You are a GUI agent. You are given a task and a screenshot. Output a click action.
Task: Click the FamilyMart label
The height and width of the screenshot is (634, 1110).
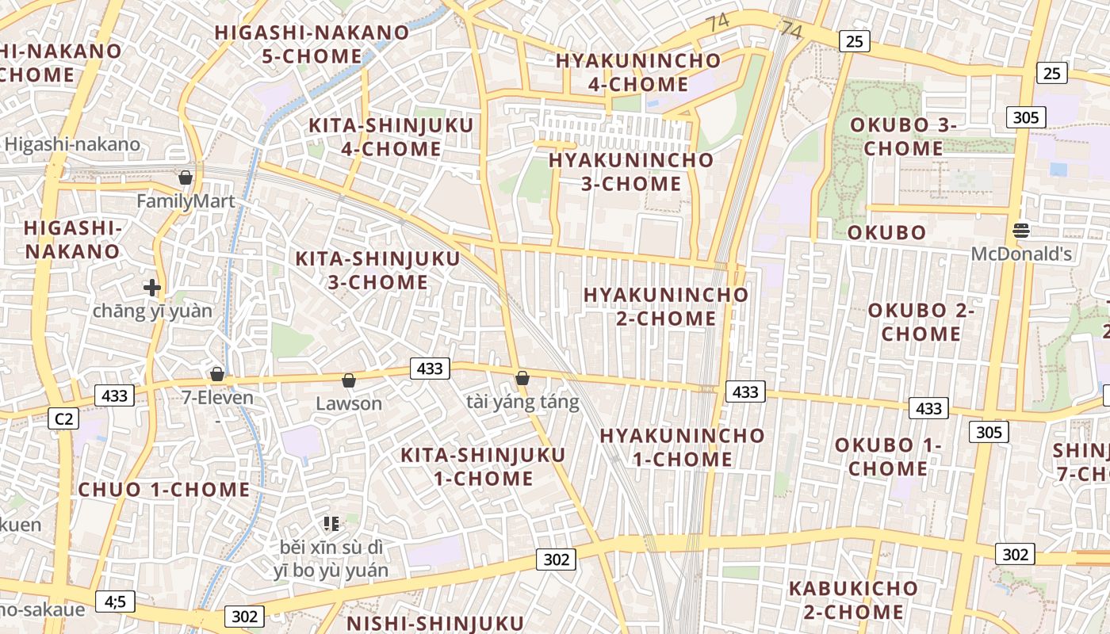coord(186,201)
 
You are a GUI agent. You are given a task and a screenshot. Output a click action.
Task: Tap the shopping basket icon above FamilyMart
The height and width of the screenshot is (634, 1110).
coord(186,178)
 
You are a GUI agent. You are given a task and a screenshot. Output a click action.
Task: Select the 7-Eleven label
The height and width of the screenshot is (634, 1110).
coord(218,398)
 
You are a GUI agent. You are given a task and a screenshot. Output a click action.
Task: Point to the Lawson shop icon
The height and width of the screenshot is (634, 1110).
coord(348,381)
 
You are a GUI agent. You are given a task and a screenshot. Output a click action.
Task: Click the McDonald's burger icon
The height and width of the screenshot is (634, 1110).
coord(1021,231)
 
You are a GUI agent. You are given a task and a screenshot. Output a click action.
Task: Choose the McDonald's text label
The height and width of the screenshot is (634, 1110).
coord(1022,254)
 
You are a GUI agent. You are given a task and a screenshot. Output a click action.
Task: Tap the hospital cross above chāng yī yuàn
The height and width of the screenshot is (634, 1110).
coord(152,287)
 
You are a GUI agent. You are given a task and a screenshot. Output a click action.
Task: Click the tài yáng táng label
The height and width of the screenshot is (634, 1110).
coord(522,403)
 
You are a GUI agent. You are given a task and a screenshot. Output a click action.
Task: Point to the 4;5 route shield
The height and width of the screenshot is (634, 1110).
coord(115,602)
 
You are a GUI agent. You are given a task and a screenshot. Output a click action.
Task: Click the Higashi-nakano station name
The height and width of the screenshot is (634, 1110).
coord(72,144)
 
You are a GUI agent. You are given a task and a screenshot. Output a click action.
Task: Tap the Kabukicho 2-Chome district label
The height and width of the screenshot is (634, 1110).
coord(853,601)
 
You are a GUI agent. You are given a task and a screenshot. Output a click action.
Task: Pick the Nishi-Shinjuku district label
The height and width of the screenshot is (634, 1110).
coord(435,623)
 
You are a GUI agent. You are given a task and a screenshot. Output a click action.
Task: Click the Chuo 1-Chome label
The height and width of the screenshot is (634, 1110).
coord(164,490)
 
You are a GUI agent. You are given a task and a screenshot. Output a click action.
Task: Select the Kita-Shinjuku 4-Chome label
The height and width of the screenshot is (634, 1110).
coord(391,137)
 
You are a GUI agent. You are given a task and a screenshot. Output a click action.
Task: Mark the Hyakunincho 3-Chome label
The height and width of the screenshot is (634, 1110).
coord(631,172)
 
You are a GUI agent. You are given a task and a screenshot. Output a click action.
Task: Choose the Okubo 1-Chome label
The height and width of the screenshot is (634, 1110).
coord(888,457)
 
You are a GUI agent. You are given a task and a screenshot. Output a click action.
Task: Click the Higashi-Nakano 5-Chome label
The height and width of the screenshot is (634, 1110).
coord(312,44)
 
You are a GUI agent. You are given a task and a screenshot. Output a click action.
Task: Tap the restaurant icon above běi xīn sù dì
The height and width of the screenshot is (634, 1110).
coord(331,523)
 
